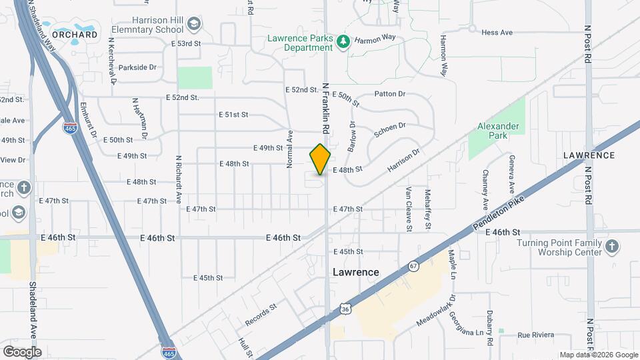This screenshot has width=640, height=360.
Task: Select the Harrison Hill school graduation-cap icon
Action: pyautogui.click(x=194, y=25)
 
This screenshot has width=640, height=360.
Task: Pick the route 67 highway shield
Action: pyautogui.click(x=414, y=265)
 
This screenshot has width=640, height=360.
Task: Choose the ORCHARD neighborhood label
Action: pyautogui.click(x=75, y=35)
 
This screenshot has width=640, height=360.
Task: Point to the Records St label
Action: pyautogui.click(x=260, y=315)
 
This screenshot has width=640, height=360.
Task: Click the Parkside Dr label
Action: pyautogui.click(x=137, y=67)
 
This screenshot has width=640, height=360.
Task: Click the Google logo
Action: pyautogui.click(x=22, y=351)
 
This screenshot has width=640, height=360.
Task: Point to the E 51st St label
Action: pyautogui.click(x=233, y=115)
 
